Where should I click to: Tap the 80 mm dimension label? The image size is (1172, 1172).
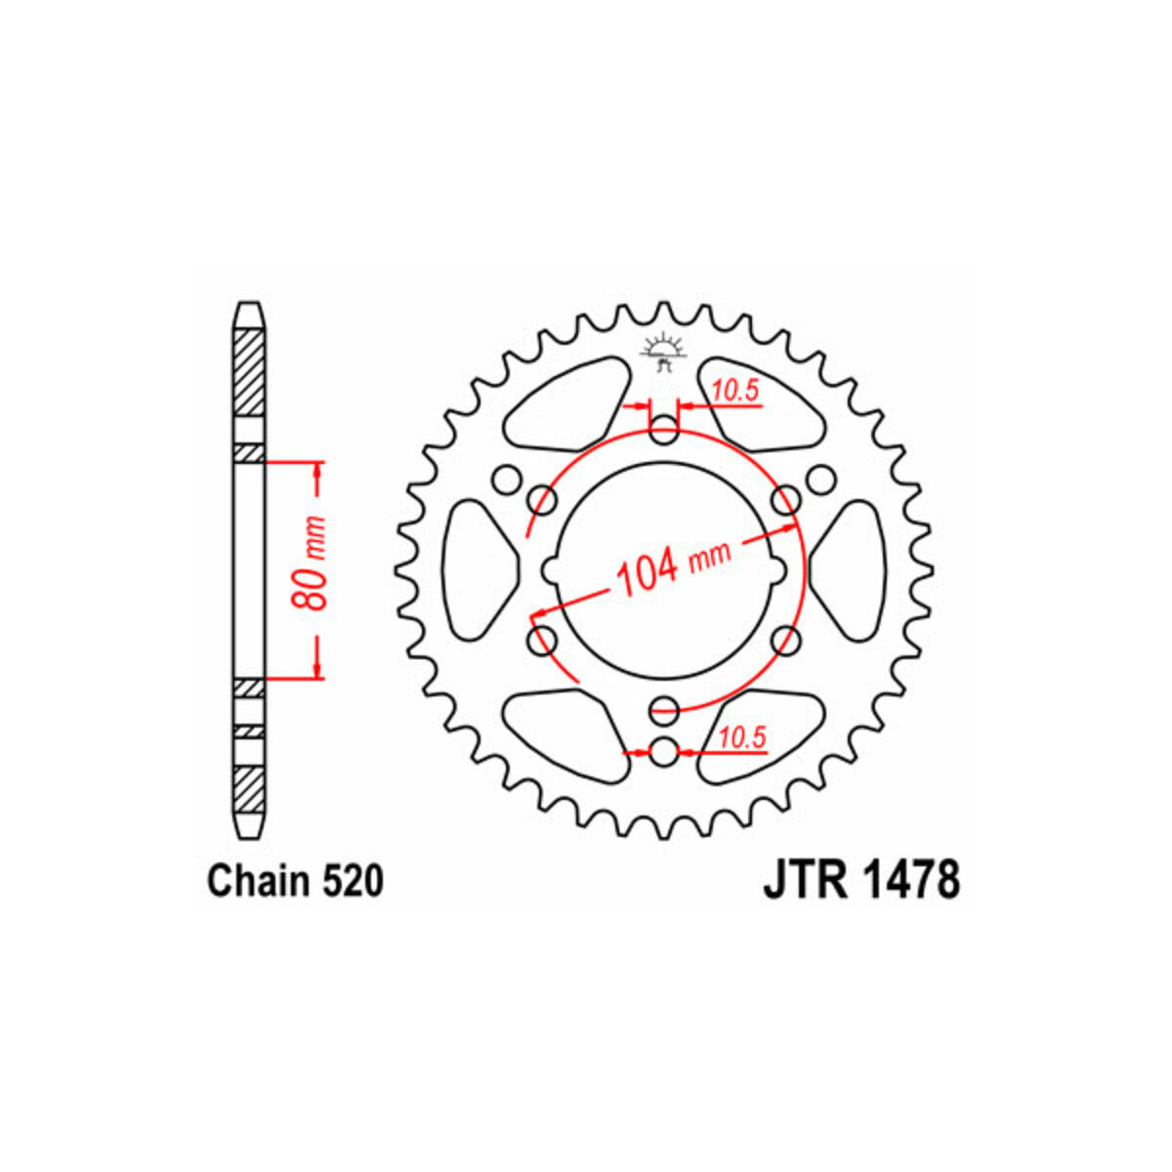[310, 564]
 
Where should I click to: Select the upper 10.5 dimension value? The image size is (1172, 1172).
[736, 391]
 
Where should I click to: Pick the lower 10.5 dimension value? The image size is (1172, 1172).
[741, 738]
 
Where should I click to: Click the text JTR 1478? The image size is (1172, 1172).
[861, 879]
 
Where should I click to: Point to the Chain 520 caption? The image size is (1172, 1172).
[296, 881]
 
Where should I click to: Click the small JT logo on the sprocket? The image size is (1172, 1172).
[663, 353]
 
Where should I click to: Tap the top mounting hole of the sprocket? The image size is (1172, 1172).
[663, 431]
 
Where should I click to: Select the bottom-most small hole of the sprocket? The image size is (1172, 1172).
[663, 753]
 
